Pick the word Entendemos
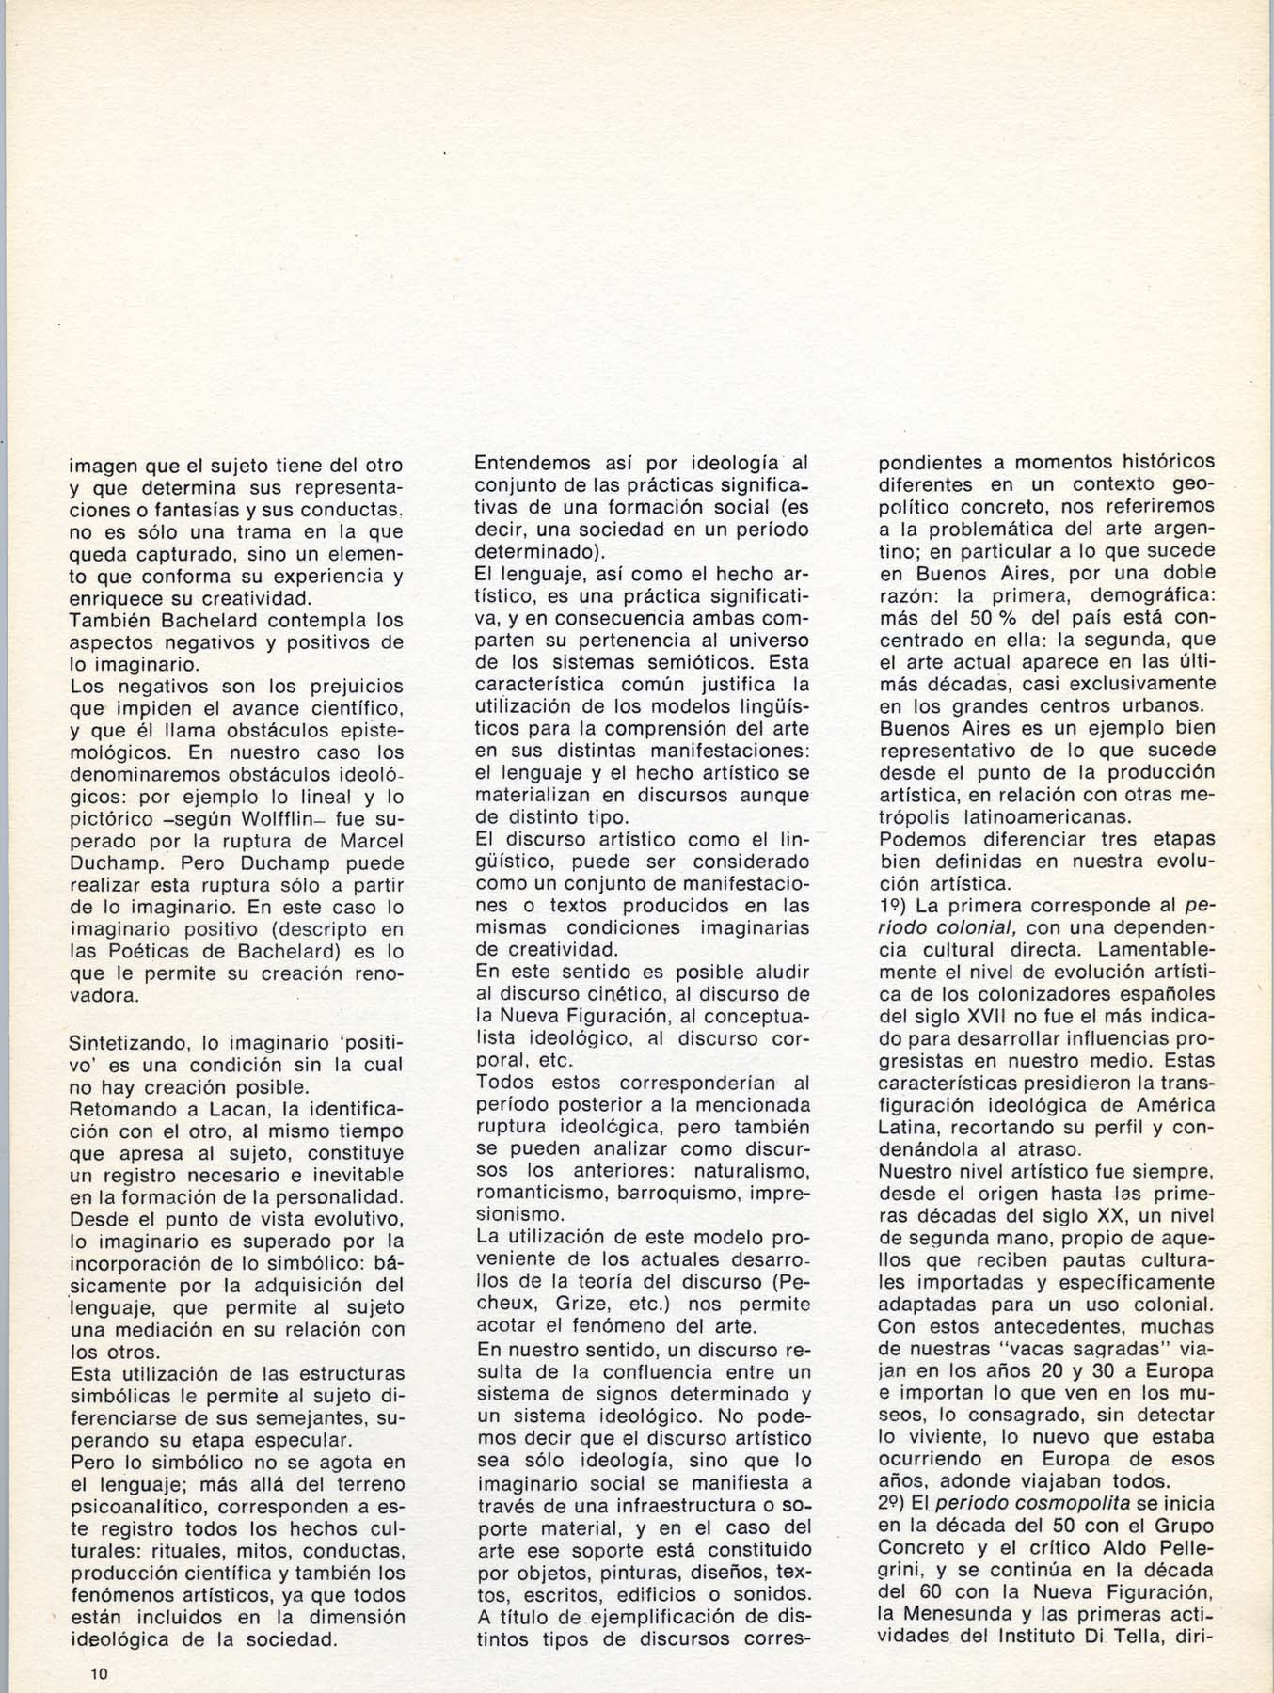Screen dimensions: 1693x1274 pyautogui.click(x=533, y=464)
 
